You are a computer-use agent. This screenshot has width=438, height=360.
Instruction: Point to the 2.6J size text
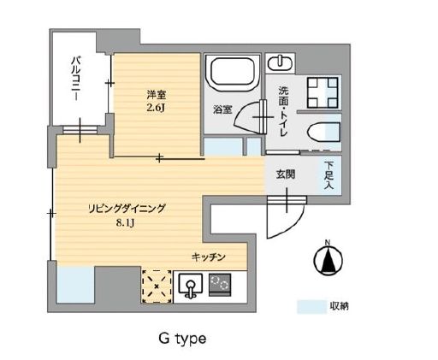point(155,108)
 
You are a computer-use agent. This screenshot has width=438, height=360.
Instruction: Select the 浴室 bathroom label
point(222,109)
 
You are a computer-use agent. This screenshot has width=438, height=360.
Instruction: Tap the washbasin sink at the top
point(278,62)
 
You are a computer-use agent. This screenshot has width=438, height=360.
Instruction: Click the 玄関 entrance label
point(284,174)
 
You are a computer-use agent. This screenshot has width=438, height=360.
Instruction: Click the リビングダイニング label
point(127,208)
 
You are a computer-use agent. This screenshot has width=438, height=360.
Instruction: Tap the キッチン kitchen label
point(208,257)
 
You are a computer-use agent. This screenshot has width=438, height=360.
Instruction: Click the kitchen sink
point(188,283)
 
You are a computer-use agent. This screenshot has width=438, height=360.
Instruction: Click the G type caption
point(181,339)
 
